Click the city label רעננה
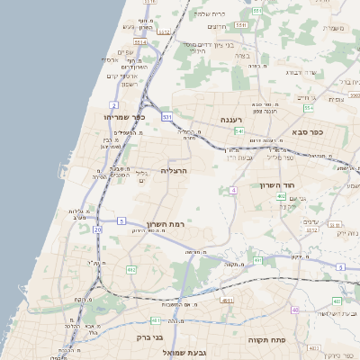232,119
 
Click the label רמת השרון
164,223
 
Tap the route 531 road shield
167,117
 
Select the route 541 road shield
238,131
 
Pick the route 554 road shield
309,108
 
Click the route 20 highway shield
97,229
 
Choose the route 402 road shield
282,196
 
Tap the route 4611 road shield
156,320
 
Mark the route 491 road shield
257,261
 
